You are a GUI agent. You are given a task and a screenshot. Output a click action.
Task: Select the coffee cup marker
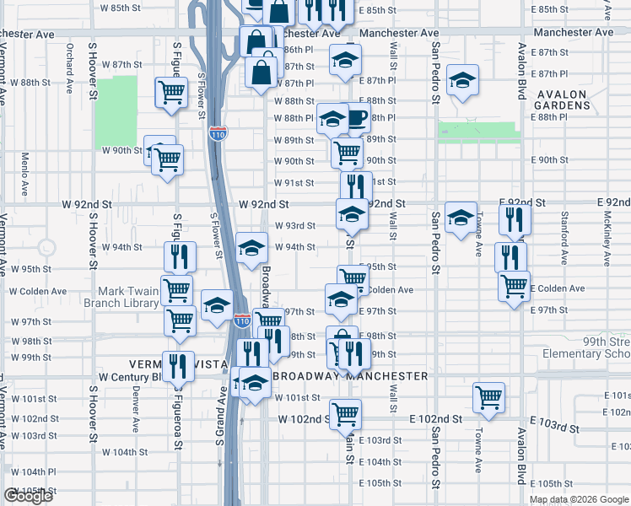pyautogui.click(x=356, y=118)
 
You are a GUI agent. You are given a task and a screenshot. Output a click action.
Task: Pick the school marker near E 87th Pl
pyautogui.click(x=461, y=80)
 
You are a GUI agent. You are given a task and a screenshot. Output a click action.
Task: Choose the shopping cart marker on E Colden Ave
pyautogui.click(x=513, y=285)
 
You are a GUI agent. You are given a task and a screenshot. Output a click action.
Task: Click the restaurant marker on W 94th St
pyautogui.click(x=179, y=256)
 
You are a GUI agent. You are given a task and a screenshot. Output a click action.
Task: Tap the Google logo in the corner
pyautogui.click(x=28, y=495)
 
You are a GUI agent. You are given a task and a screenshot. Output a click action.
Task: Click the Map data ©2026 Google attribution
pyautogui.click(x=578, y=499)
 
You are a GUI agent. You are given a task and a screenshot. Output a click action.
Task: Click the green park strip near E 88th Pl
pyautogui.click(x=477, y=131)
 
